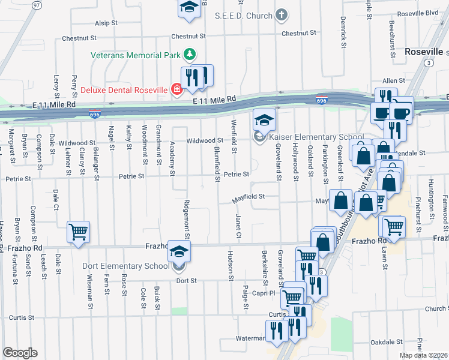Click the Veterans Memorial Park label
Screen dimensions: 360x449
point(136,55)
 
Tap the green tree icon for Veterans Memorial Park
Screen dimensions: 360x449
point(190,55)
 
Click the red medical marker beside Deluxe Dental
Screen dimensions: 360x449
point(176,90)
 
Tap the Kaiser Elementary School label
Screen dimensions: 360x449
point(316,137)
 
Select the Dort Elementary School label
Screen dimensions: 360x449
point(126,266)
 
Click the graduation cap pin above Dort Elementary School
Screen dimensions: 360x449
point(178,250)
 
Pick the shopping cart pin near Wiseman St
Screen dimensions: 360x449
point(79,232)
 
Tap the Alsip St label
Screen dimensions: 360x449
point(105,23)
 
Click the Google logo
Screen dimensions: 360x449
point(20,353)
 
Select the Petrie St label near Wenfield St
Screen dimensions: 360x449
point(236,175)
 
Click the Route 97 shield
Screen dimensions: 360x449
point(37,5)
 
